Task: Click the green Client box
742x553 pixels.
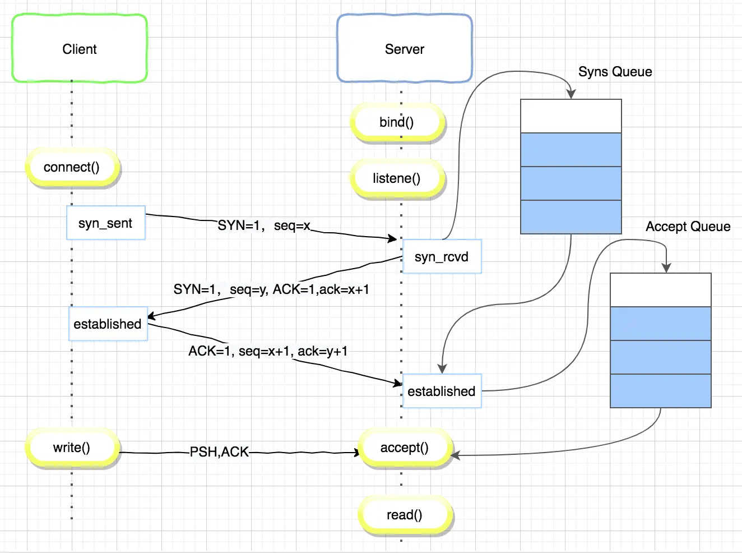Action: pyautogui.click(x=80, y=48)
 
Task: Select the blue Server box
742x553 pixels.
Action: pyautogui.click(x=405, y=48)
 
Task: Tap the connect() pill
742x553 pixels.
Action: pyautogui.click(x=72, y=167)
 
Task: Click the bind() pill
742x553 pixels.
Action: pyautogui.click(x=397, y=122)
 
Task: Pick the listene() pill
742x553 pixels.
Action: pyautogui.click(x=397, y=178)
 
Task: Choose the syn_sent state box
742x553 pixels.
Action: pyautogui.click(x=106, y=223)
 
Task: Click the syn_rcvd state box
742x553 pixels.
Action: pyautogui.click(x=442, y=256)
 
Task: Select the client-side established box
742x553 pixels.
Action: pyautogui.click(x=108, y=324)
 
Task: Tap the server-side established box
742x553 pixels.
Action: pyautogui.click(x=442, y=391)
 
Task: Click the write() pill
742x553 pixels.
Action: pyautogui.click(x=72, y=448)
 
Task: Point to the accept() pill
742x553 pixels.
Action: pyautogui.click(x=405, y=448)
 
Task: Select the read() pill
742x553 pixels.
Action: pyautogui.click(x=405, y=515)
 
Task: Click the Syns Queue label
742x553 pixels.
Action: pyautogui.click(x=615, y=72)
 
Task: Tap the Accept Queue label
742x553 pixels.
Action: pyautogui.click(x=688, y=227)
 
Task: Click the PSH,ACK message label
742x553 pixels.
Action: pyautogui.click(x=219, y=452)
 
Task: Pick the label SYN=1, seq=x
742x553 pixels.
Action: pyautogui.click(x=264, y=225)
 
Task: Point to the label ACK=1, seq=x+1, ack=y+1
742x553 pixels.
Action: pyautogui.click(x=268, y=351)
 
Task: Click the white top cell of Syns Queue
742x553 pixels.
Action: pyautogui.click(x=571, y=116)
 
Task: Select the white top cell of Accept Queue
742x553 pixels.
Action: pyautogui.click(x=661, y=290)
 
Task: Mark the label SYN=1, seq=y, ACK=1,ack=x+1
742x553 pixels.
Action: pyautogui.click(x=271, y=289)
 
